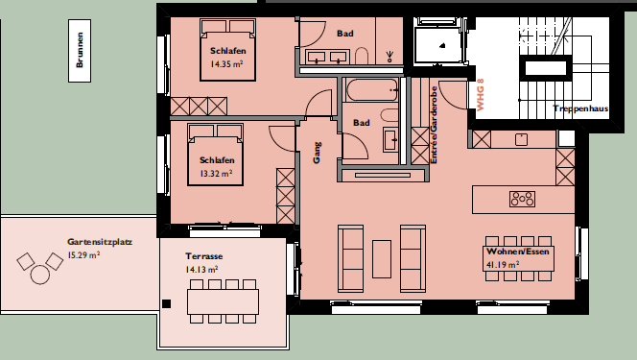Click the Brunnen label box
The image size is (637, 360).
[x=80, y=50]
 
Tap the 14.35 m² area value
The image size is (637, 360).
[x=226, y=63]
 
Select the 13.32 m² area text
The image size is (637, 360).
[x=216, y=174]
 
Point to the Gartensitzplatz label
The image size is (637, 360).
[x=100, y=242]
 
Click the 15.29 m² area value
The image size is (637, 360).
[x=83, y=255]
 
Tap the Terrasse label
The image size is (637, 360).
[x=204, y=256]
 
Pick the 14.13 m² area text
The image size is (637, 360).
[x=201, y=270]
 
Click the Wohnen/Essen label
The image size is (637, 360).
[x=518, y=252]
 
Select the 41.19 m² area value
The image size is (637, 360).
[x=503, y=265]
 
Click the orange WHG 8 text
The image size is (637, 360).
[x=481, y=95]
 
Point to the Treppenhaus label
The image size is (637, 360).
[x=580, y=108]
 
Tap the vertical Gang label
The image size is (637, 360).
[x=317, y=153]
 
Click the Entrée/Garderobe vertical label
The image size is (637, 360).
[x=434, y=125]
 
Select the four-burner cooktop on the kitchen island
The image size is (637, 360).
[x=523, y=199]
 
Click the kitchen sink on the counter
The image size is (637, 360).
[x=521, y=139]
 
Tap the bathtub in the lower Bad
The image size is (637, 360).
[x=371, y=90]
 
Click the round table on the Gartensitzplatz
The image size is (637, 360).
[x=40, y=275]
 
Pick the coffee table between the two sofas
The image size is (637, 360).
[x=382, y=259]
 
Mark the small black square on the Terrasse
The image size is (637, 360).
[x=166, y=303]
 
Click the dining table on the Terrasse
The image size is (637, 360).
[x=223, y=301]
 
